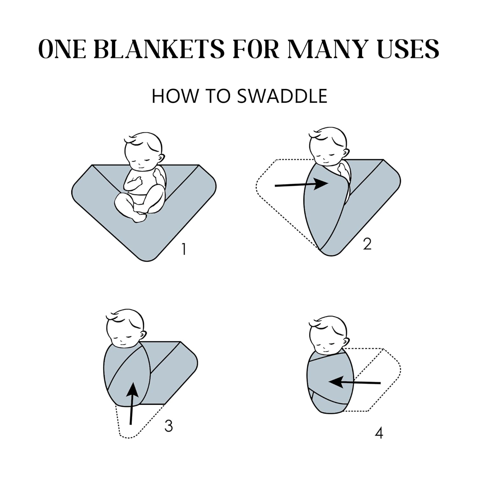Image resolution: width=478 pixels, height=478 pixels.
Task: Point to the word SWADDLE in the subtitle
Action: point(282,96)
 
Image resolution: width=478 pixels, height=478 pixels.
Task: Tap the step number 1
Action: point(184,249)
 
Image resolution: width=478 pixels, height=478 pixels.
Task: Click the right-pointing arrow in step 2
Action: point(301,184)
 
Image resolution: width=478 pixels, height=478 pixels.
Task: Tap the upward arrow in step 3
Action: point(132,403)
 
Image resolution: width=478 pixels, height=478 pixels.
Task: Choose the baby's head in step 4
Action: point(329,336)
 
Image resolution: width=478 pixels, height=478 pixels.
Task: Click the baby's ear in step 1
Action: point(162,158)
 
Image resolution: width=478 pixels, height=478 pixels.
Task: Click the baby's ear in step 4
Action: point(346,341)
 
